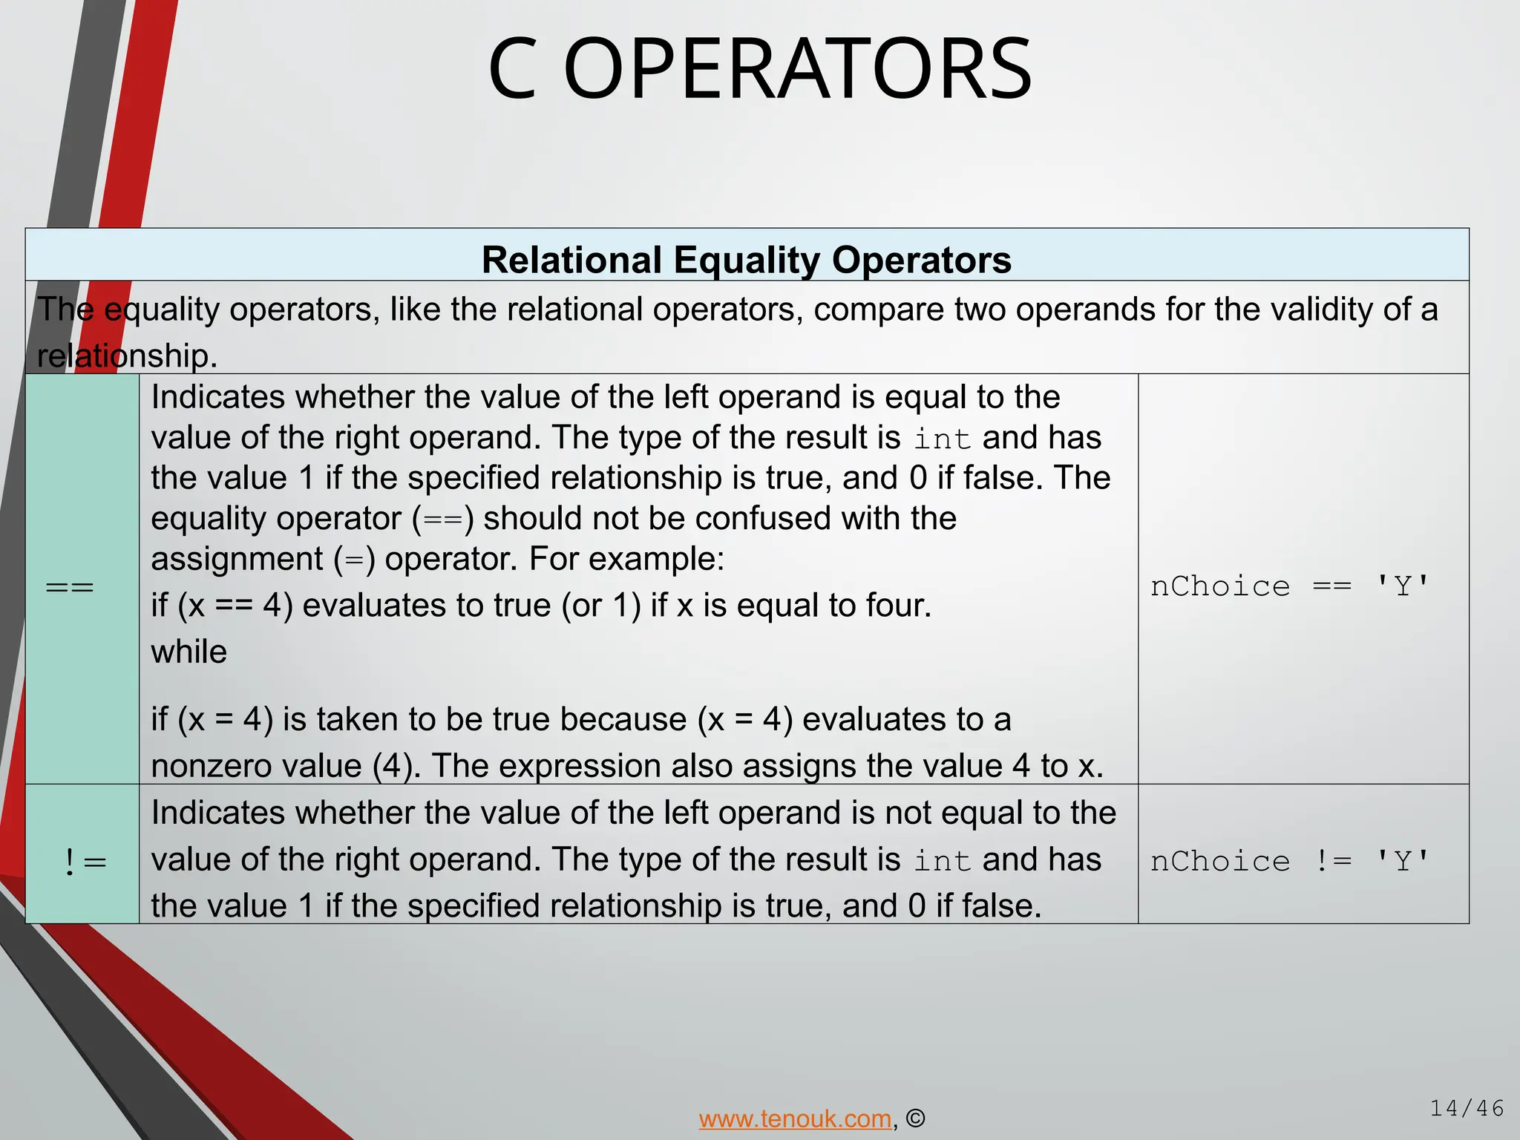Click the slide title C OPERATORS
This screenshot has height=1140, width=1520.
(x=760, y=69)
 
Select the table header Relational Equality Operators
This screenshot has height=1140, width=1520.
(x=747, y=260)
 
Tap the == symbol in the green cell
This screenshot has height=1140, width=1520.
(x=70, y=587)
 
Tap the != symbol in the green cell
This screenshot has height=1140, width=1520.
(x=85, y=862)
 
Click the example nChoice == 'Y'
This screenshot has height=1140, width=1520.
(x=1290, y=586)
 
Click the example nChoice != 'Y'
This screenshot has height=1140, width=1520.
(x=1290, y=861)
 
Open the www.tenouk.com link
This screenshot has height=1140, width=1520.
(x=795, y=1118)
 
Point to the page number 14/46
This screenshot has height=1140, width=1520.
(x=1467, y=1108)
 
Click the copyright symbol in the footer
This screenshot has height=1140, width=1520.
(x=916, y=1118)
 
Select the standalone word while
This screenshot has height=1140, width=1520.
(x=189, y=652)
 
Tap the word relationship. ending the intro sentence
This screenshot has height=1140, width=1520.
(x=127, y=356)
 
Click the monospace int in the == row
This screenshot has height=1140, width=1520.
(x=943, y=439)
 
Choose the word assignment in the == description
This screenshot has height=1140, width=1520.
(x=237, y=559)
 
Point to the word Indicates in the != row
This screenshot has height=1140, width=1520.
(x=218, y=813)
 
